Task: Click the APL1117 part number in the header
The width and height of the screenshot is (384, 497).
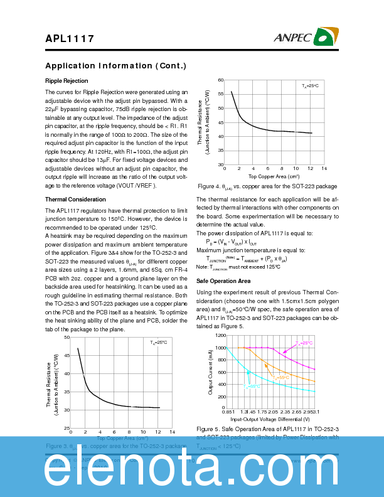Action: click(70, 38)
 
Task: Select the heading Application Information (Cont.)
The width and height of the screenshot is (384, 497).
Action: click(115, 66)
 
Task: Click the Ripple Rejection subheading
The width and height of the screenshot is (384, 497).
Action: click(67, 81)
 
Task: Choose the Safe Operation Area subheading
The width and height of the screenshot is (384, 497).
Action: click(223, 281)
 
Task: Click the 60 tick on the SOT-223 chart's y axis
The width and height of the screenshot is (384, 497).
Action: click(220, 80)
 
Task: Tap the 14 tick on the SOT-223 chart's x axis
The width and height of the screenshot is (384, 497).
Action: click(324, 169)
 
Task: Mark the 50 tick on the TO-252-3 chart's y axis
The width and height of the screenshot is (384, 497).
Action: click(67, 338)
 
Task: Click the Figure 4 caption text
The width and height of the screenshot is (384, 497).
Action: click(267, 186)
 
